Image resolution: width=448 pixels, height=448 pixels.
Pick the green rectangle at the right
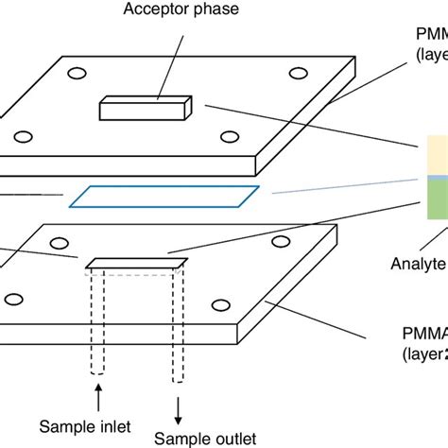(434, 200)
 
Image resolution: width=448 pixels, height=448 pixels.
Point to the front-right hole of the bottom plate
(220, 304)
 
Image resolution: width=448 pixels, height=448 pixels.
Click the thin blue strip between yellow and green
(434, 177)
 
